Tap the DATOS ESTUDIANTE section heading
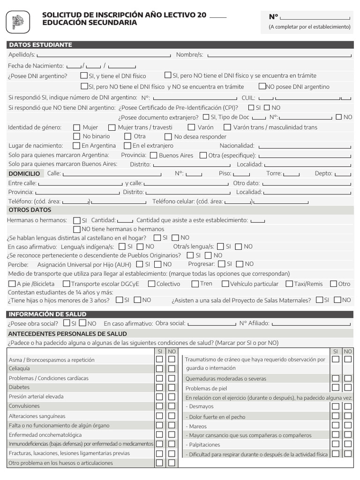point(40,45)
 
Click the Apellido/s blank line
point(104,56)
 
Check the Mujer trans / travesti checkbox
point(112,127)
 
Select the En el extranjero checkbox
point(128,146)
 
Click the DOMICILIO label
point(24,173)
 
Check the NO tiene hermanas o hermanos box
point(77,229)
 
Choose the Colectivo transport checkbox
point(150,284)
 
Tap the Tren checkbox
point(195,284)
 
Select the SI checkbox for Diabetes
point(159,388)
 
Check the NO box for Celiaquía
point(172,369)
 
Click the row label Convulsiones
point(24,406)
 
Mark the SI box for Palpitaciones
point(336,444)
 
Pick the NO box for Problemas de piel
point(348,388)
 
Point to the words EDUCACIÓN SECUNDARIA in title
point(90,23)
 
